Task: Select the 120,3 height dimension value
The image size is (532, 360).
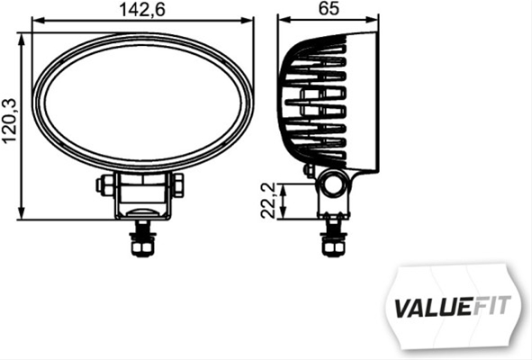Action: pyautogui.click(x=10, y=122)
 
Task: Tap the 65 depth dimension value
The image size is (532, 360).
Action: pyautogui.click(x=329, y=10)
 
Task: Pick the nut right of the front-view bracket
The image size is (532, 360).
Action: pyautogui.click(x=177, y=185)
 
